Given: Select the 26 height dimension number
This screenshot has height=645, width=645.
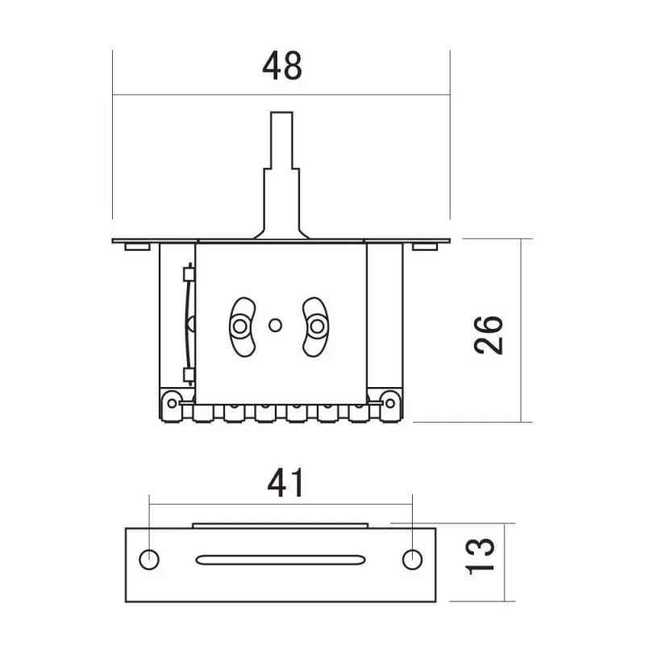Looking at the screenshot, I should click(x=489, y=333).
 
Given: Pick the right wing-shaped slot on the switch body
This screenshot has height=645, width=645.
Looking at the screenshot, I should click(x=316, y=326).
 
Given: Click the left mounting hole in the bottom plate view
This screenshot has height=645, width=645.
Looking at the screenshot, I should click(x=148, y=559).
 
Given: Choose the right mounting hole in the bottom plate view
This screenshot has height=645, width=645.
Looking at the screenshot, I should click(x=412, y=558).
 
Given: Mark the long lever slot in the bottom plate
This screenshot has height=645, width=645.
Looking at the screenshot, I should click(x=280, y=559).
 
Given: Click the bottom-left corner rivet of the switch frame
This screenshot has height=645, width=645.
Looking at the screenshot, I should click(x=172, y=401).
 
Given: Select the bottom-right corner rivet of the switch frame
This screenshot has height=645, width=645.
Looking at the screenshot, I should click(x=389, y=401).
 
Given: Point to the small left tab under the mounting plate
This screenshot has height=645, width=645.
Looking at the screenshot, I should click(x=136, y=247).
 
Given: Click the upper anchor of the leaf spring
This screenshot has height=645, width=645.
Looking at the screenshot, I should click(x=189, y=274).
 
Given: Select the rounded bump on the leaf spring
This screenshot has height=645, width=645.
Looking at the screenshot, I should click(x=192, y=324).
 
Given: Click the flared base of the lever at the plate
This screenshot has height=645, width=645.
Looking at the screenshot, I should click(x=281, y=233).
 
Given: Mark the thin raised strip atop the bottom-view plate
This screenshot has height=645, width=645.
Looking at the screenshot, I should click(x=281, y=525).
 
